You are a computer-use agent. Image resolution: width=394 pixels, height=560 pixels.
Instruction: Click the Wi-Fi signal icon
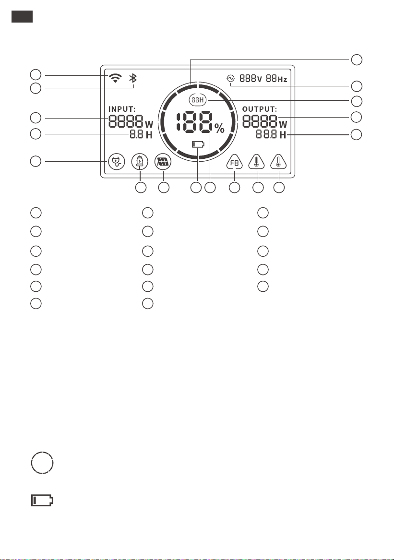115,78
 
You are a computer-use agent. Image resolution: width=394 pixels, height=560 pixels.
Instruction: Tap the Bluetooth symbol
133,78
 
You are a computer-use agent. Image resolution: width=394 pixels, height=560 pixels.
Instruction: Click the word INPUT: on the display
122,109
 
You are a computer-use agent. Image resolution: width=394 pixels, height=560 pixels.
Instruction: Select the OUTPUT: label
260,109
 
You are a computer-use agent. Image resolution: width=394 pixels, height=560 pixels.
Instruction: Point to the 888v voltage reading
251,78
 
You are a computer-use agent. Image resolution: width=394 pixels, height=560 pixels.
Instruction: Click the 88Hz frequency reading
276,78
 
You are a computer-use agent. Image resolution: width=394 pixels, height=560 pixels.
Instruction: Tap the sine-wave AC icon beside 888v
231,78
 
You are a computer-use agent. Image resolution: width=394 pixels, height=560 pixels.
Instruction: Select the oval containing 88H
198,100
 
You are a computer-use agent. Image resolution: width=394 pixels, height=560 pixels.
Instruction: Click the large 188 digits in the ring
195,122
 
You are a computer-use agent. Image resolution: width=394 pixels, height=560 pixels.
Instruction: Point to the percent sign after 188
219,128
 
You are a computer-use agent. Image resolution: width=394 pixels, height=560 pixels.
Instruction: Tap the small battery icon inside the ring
198,144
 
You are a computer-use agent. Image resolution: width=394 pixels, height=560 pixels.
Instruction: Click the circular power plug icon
117,162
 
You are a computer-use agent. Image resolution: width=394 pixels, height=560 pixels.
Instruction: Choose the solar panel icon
163,162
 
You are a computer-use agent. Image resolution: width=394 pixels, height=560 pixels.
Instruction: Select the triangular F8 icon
234,163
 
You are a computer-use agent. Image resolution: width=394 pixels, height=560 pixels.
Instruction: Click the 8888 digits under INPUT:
126,122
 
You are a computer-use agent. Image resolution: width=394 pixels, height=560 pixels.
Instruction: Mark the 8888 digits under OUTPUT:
260,122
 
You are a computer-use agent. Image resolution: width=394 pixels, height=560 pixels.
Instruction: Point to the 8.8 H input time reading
141,135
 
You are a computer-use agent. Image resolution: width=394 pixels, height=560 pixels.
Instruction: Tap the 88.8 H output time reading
271,135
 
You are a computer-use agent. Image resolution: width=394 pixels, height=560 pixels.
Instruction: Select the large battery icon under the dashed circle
42,500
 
